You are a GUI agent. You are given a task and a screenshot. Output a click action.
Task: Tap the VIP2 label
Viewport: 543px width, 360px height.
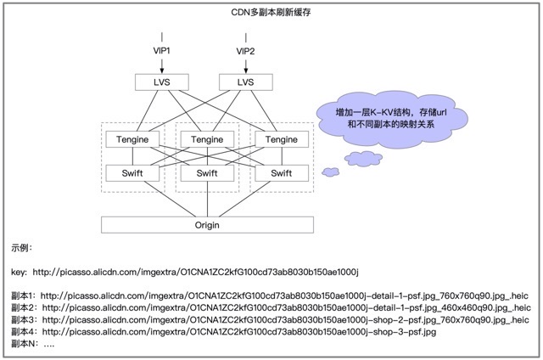coord(245,52)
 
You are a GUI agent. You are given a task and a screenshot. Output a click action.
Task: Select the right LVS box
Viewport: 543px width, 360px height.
coord(245,82)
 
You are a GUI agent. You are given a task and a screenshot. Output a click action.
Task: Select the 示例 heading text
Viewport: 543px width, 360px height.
coord(22,249)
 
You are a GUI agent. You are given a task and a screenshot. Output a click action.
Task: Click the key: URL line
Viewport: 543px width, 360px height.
coord(186,273)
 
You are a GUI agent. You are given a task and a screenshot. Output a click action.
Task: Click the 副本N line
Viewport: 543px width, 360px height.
coord(33,346)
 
